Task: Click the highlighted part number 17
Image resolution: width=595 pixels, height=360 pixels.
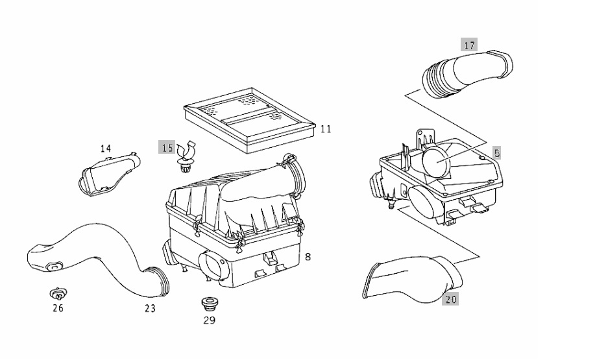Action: (x=469, y=45)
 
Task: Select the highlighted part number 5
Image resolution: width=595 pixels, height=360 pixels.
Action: (x=497, y=153)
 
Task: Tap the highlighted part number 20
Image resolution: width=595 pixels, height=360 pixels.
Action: (x=450, y=299)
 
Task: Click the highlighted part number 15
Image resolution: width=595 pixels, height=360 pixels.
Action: (x=167, y=147)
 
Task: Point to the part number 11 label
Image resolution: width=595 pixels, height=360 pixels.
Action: (x=326, y=129)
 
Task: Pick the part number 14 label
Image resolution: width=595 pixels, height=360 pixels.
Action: (x=106, y=149)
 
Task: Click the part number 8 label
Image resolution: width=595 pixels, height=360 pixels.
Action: (x=308, y=257)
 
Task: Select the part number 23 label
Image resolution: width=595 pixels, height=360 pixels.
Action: (x=151, y=308)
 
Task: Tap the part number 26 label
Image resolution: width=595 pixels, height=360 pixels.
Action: (x=58, y=308)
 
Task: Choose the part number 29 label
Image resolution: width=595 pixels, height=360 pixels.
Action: (x=209, y=320)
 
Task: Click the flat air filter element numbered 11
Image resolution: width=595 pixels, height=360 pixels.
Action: (x=249, y=119)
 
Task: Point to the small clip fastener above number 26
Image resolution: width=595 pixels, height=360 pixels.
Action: (x=58, y=294)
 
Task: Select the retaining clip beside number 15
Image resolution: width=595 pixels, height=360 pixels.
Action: (x=186, y=158)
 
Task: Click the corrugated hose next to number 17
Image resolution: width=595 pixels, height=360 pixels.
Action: (x=467, y=74)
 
